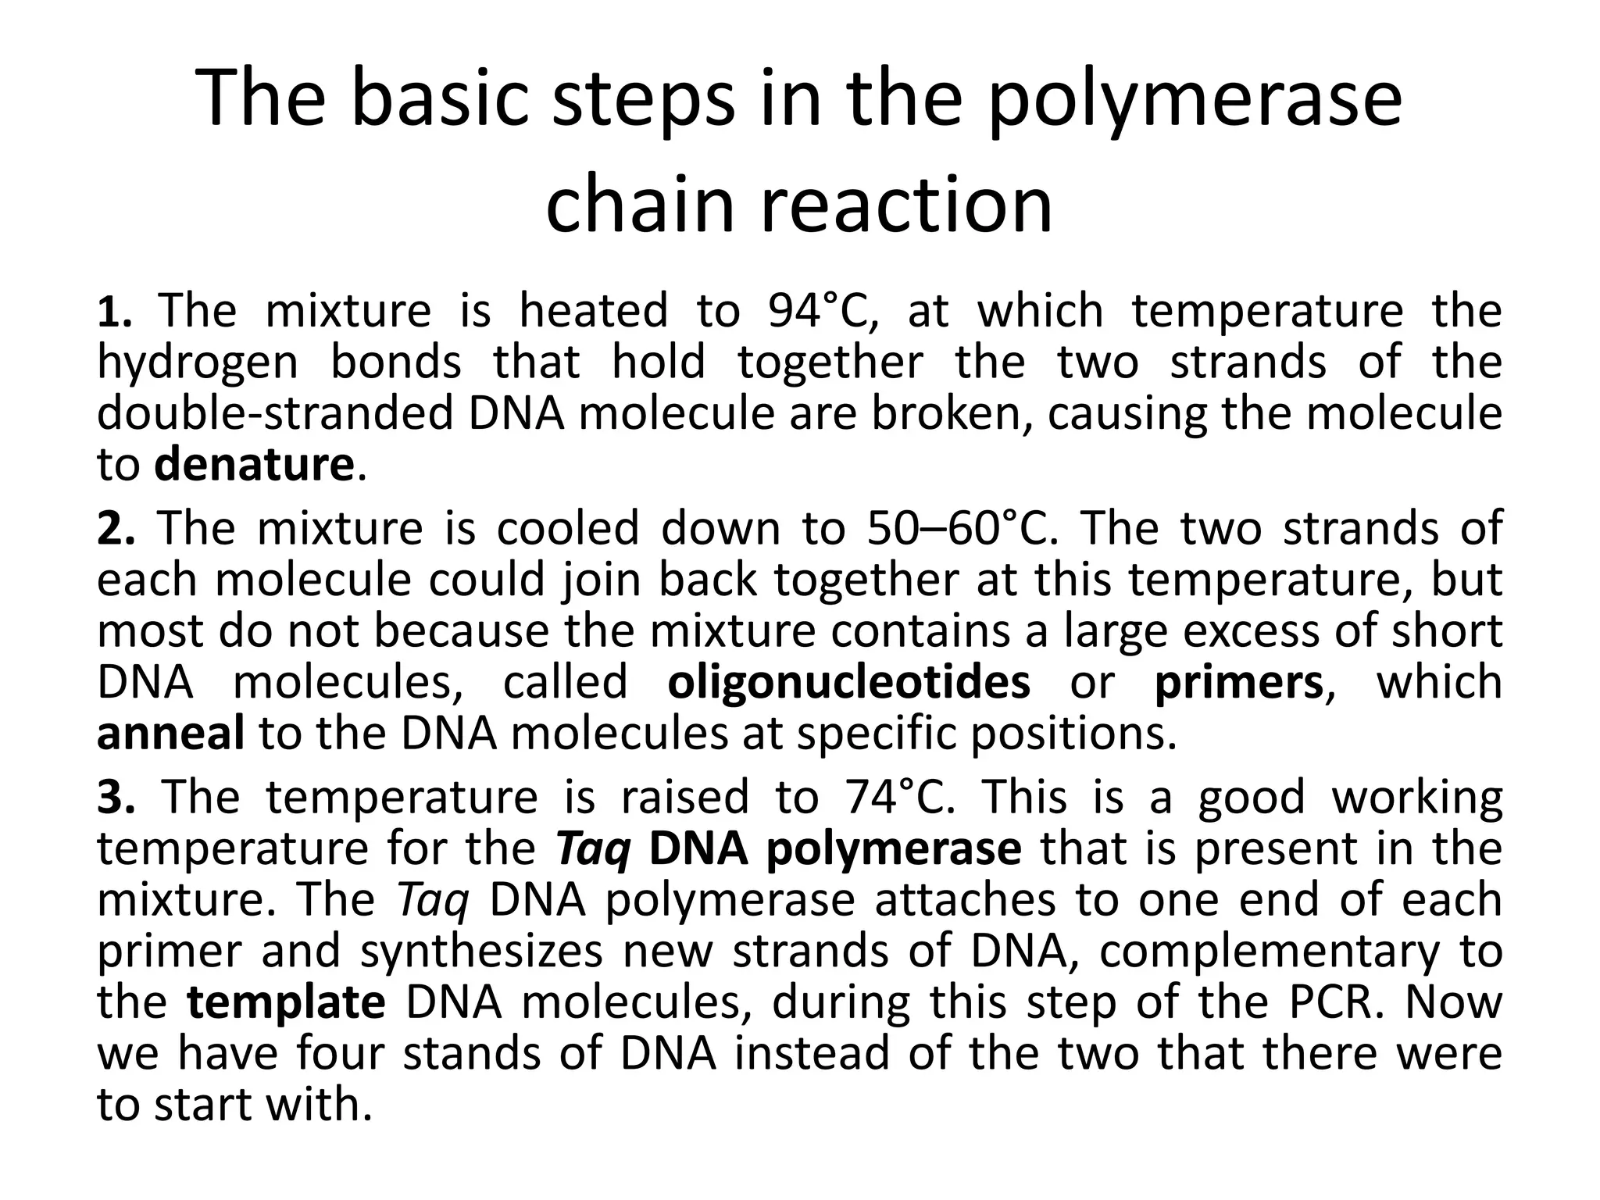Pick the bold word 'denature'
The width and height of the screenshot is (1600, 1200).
click(x=255, y=465)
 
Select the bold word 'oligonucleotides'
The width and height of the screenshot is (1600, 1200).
click(x=849, y=682)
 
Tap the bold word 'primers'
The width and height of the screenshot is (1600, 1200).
click(x=1238, y=682)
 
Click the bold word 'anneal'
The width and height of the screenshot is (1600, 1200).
click(x=170, y=734)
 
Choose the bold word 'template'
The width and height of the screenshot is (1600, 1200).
click(x=286, y=1002)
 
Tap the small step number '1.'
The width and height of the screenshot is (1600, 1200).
click(x=114, y=312)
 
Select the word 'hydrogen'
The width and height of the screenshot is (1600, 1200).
click(x=198, y=363)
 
